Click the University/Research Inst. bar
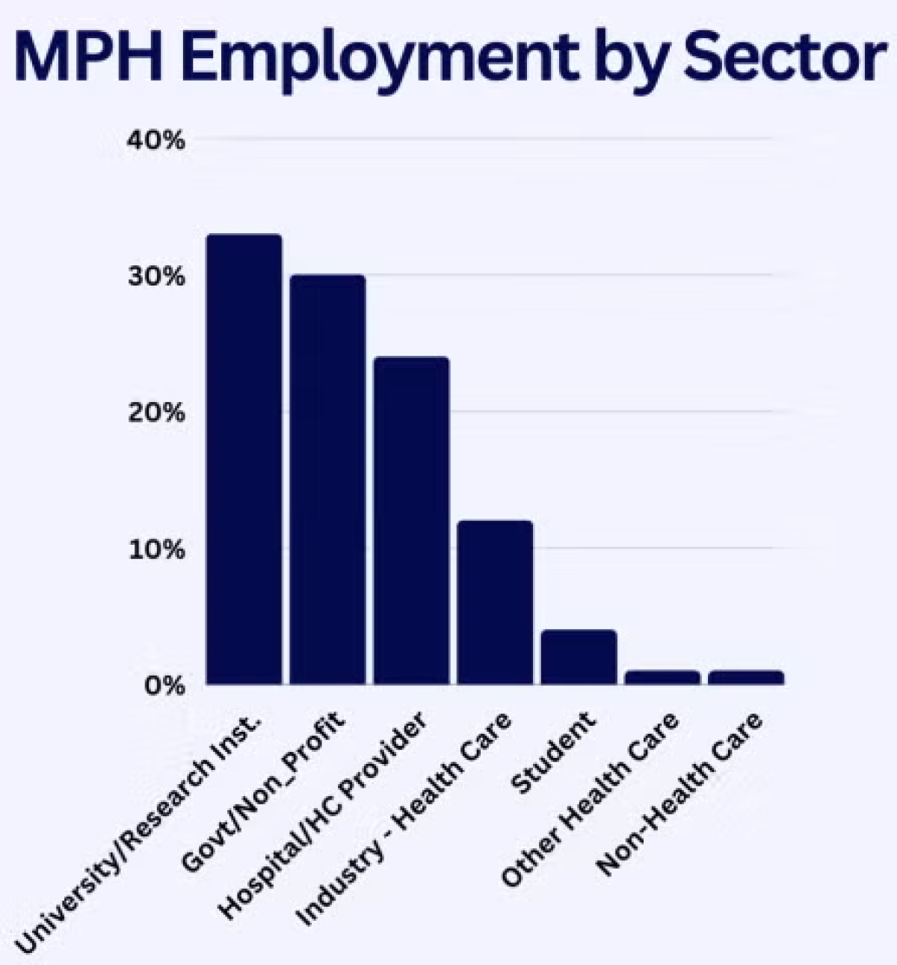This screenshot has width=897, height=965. (x=244, y=459)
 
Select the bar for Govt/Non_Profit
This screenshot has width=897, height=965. (x=328, y=479)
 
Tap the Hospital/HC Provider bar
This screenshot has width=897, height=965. (x=412, y=520)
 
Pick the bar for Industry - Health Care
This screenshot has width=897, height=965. (x=495, y=602)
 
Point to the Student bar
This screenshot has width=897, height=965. (x=579, y=657)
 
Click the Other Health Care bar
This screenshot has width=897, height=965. (x=662, y=677)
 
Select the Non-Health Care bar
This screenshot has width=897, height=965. (x=746, y=677)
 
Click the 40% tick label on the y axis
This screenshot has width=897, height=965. (x=155, y=141)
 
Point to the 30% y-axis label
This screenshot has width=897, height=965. (x=155, y=277)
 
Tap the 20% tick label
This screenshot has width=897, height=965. (x=155, y=413)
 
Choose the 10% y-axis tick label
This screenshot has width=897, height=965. (x=155, y=549)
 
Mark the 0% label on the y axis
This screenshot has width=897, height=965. (x=164, y=685)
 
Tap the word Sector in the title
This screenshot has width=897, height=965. (x=782, y=58)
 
